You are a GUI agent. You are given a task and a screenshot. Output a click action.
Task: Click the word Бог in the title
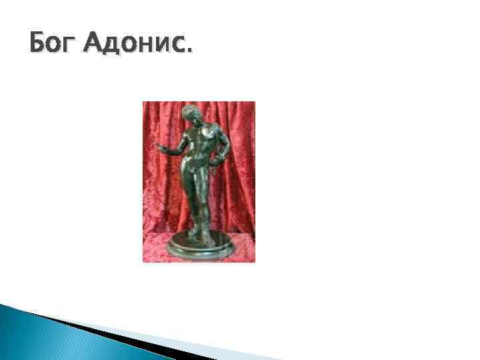click(x=53, y=46)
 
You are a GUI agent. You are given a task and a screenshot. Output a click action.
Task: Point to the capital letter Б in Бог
click(x=39, y=46)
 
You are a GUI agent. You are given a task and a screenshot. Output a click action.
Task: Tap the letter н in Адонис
click(x=147, y=49)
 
